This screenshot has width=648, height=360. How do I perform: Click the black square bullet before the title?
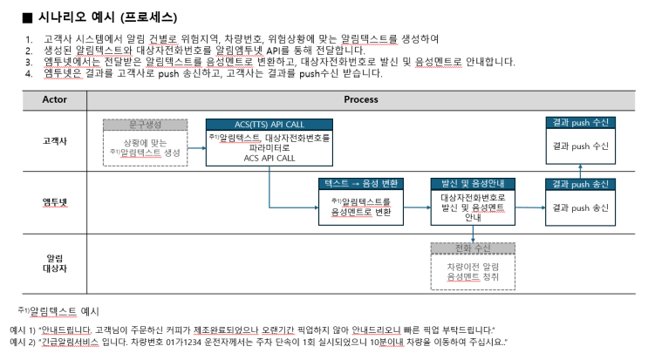27,17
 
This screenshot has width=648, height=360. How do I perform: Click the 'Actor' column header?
55,99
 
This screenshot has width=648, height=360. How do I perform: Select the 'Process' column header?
361,99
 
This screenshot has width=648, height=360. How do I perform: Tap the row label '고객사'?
55,141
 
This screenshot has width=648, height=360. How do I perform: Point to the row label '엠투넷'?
55,202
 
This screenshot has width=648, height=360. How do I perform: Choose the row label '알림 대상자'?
55,263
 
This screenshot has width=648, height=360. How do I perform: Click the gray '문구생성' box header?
145,125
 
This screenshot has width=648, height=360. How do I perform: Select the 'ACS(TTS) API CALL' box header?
269,125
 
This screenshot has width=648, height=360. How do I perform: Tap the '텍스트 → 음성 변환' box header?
361,184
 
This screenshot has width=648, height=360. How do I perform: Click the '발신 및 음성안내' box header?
473,184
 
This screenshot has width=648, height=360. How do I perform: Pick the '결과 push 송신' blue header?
580,184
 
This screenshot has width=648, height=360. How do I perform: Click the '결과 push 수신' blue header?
580,123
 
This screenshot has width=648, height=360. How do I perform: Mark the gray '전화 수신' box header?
473,248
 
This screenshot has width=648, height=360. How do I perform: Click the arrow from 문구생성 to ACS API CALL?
197,148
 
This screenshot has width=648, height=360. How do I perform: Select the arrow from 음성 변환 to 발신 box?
417,207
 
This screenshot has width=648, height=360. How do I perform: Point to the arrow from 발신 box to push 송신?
530,207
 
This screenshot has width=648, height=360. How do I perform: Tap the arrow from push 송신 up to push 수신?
580,172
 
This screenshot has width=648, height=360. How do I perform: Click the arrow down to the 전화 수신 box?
473,234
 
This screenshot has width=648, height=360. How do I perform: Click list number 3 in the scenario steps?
29,63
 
